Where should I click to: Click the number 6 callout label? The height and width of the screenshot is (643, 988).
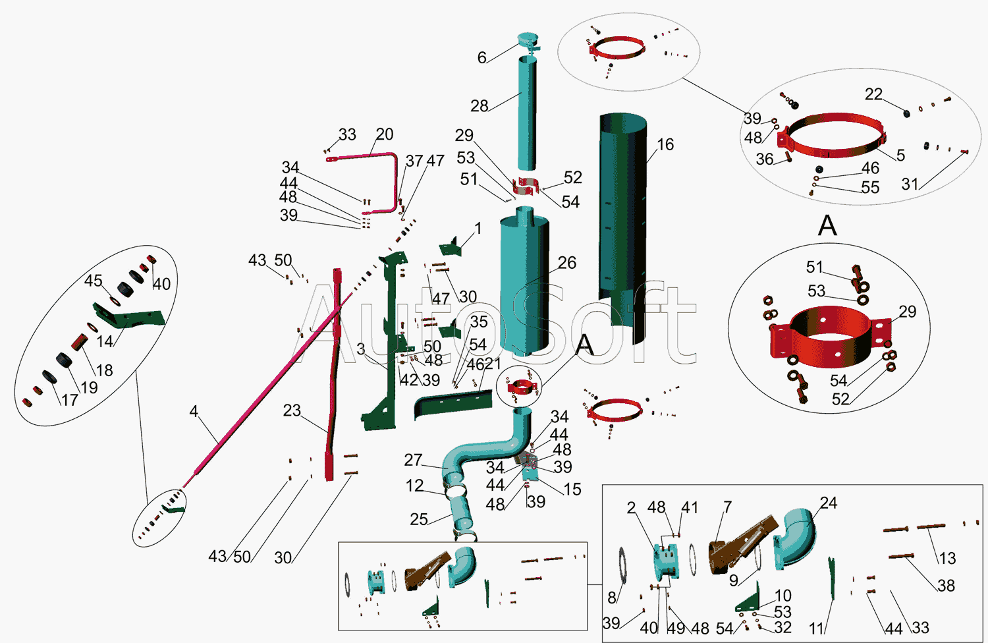(x=481, y=58)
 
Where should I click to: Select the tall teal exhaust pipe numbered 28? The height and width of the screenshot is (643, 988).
(x=526, y=112)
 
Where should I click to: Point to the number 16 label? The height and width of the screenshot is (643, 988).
(x=665, y=144)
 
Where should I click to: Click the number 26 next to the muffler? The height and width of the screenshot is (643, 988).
(x=566, y=263)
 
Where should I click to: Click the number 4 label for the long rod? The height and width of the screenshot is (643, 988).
(x=194, y=411)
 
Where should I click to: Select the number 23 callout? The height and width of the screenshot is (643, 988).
(x=292, y=410)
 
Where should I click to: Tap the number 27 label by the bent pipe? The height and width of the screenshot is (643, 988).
(x=413, y=460)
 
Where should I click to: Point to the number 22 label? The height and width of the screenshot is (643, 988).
(x=873, y=94)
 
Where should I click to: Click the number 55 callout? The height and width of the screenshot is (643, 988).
(x=870, y=188)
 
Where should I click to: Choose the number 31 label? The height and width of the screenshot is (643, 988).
(x=910, y=184)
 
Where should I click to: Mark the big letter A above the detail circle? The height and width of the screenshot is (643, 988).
(x=827, y=226)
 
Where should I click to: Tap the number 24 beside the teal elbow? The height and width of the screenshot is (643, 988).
(x=828, y=503)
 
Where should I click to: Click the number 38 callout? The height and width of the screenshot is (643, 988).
(x=946, y=585)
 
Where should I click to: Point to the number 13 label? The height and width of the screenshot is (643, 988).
(x=947, y=559)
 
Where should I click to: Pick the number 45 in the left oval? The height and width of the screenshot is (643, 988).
(x=93, y=281)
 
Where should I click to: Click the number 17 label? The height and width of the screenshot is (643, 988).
(x=70, y=399)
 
